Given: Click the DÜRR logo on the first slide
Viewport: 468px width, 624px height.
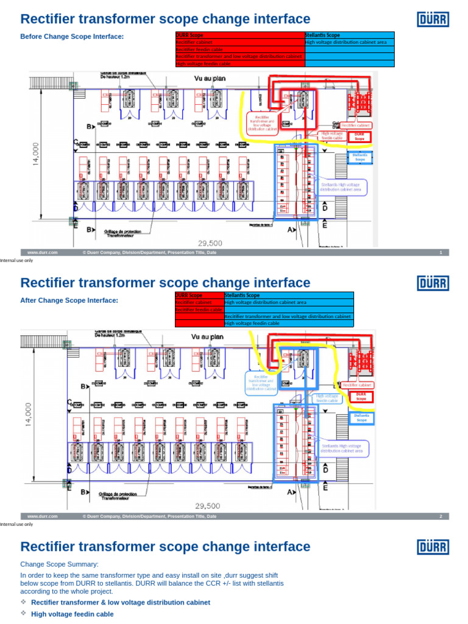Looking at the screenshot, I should point(433,19).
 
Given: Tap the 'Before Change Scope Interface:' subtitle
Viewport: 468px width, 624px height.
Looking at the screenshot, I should point(72,37).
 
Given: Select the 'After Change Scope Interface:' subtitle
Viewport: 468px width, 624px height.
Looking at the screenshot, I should point(69,300).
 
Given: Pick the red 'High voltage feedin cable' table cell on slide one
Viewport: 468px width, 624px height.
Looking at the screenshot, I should point(239,63).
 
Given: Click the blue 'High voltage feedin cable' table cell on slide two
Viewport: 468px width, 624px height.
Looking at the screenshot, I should point(288,324).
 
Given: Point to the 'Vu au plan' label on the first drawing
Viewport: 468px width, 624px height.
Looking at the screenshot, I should point(207,78).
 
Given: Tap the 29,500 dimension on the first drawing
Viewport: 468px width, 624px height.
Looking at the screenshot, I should point(208,243).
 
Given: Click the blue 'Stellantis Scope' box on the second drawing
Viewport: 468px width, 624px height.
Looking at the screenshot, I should point(361,417).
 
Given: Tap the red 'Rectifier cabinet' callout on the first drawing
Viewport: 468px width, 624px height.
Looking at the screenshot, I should point(356,126).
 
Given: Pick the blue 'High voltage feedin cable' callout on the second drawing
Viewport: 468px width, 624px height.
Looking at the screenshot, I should point(327,398).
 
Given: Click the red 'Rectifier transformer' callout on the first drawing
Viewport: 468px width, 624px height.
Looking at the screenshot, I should point(263,122).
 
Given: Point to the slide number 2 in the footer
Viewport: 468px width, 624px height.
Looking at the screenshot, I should point(440,516).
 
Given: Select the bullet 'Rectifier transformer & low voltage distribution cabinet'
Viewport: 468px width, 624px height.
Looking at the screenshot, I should point(120,602).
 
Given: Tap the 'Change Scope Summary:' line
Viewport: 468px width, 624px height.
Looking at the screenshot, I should point(59,564).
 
